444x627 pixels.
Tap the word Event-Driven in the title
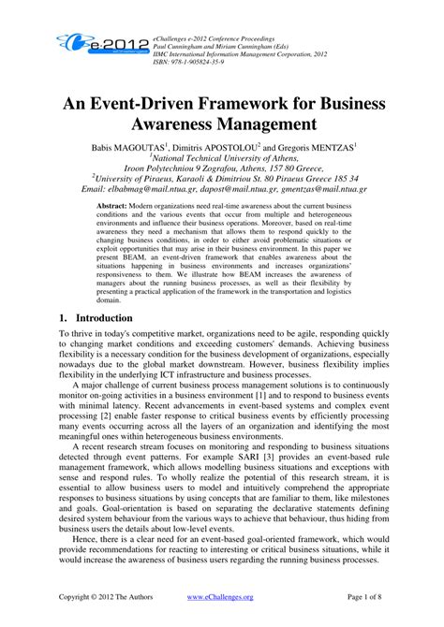point(164,98)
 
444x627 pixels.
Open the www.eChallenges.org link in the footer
point(220,595)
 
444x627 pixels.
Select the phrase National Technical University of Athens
point(222,160)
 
